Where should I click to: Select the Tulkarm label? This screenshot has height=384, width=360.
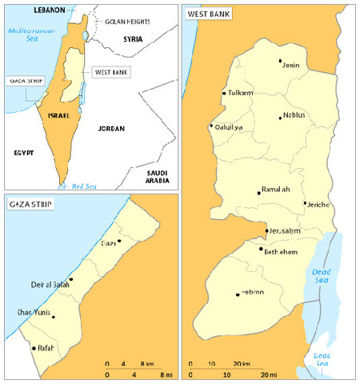[240, 94]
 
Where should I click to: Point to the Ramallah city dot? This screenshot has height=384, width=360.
[258, 192]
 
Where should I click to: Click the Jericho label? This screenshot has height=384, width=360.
[317, 206]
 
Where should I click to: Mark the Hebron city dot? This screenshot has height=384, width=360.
[238, 294]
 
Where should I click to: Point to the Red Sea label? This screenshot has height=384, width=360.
[86, 186]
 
